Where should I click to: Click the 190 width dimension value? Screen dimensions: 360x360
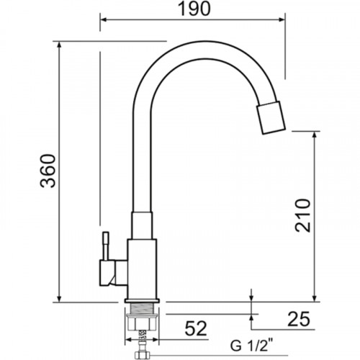(x=194, y=9)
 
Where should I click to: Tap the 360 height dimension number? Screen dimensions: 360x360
(x=48, y=171)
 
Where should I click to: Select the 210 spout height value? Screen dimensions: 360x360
(x=303, y=215)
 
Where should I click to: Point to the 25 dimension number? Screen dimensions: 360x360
(x=299, y=320)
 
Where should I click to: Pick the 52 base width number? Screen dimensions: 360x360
(x=196, y=328)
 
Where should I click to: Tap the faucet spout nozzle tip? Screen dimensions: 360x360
(x=271, y=117)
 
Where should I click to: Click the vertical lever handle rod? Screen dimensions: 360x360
(x=106, y=246)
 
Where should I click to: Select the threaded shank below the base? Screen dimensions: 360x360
(x=142, y=309)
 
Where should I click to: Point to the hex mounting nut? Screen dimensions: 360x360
(x=142, y=323)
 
